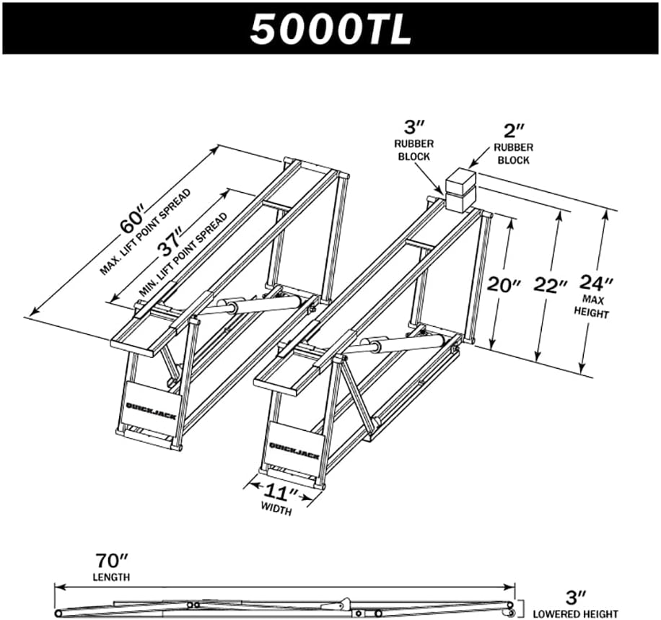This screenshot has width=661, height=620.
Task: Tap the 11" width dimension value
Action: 281,494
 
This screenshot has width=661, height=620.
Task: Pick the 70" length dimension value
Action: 111,560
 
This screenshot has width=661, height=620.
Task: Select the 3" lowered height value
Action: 576,596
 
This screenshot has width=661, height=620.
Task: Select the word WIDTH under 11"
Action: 277,511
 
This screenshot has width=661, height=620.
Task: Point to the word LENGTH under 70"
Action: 111,577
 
